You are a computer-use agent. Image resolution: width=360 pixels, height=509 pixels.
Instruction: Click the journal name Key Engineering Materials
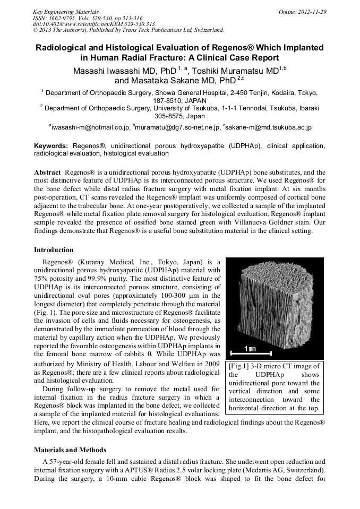pyautogui.click(x=66, y=11)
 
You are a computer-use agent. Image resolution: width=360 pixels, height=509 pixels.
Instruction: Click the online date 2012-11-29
pyautogui.click(x=313, y=11)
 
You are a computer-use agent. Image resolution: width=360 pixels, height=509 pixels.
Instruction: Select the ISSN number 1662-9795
pyautogui.click(x=67, y=18)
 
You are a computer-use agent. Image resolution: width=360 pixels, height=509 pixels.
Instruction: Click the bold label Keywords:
pyautogui.click(x=51, y=145)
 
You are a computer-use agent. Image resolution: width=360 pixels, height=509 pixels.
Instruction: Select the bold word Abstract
pyautogui.click(x=47, y=172)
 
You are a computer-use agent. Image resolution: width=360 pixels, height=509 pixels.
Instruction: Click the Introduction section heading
pyautogui.click(x=54, y=250)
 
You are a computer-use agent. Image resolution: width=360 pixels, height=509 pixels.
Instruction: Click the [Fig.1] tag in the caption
pyautogui.click(x=239, y=366)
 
